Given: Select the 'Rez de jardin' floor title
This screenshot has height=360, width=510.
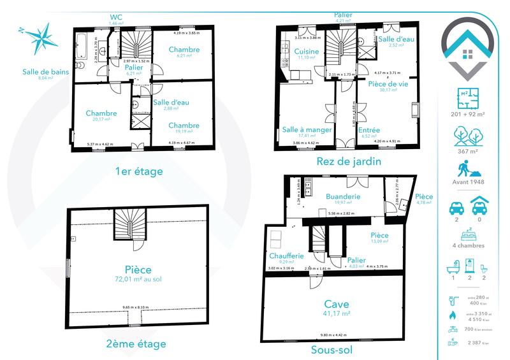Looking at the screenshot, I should (x=349, y=161).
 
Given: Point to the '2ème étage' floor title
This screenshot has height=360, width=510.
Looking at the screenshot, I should (x=136, y=344).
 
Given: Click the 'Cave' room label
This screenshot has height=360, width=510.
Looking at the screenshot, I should (x=337, y=305).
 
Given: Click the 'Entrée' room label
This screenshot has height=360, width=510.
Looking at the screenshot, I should (x=370, y=130).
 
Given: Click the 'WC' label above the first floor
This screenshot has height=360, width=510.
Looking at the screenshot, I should (x=115, y=17).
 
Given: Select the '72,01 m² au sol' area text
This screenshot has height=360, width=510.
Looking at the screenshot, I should (x=138, y=279).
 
